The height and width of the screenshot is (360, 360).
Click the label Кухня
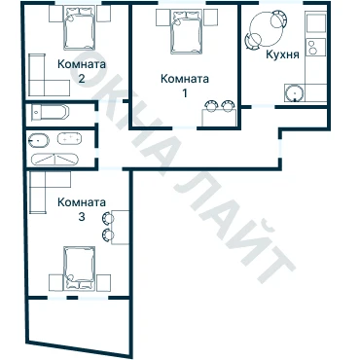pyautogui.click(x=282, y=54)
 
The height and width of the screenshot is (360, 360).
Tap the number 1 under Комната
pyautogui.click(x=185, y=93)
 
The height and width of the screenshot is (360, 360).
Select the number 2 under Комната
pyautogui.click(x=82, y=79)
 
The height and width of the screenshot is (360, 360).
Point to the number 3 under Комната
pyautogui.click(x=82, y=216)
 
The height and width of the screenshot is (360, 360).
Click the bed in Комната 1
pyautogui.click(x=186, y=31)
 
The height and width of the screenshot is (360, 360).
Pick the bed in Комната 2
pyautogui.click(x=80, y=28)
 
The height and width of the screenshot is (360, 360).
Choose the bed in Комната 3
pyautogui.click(x=80, y=269)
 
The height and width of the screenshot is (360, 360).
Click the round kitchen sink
pyautogui.click(x=295, y=93)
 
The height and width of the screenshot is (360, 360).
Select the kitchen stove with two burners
pyautogui.click(x=315, y=48)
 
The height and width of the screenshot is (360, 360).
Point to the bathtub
pyautogui.click(x=51, y=112)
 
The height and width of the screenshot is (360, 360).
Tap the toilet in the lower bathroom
pyautogui.click(x=39, y=141)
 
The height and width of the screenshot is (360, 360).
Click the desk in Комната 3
pyautogui.click(x=120, y=227)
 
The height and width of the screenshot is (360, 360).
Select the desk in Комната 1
pyautogui.click(x=219, y=118)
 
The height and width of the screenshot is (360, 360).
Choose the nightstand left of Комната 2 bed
pyautogui.click(x=55, y=14)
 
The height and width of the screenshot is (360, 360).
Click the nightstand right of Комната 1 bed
pyautogui.click(x=210, y=18)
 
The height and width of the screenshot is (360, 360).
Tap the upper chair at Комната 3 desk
pyautogui.click(x=107, y=219)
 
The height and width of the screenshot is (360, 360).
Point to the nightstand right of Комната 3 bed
pyautogui.click(x=103, y=283)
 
